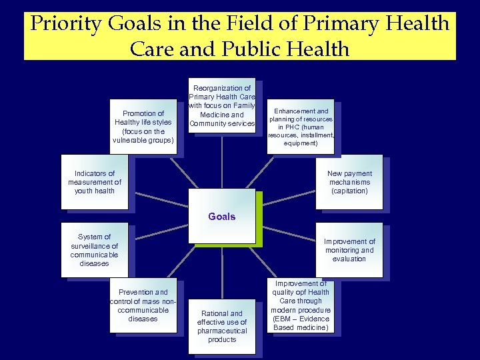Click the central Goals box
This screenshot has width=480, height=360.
[222, 217]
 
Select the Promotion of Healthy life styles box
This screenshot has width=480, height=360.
[143, 127]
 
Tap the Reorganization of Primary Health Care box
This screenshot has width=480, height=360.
[222, 105]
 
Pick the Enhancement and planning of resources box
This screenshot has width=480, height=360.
[300, 127]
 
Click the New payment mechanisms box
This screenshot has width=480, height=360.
[349, 182]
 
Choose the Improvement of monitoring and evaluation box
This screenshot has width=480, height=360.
[349, 250]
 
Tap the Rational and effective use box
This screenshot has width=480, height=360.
[222, 326]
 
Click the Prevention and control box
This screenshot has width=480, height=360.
[143, 305]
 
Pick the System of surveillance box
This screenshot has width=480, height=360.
[94, 250]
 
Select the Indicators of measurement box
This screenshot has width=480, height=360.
[94, 182]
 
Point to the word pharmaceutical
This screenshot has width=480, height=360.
[222, 331]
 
